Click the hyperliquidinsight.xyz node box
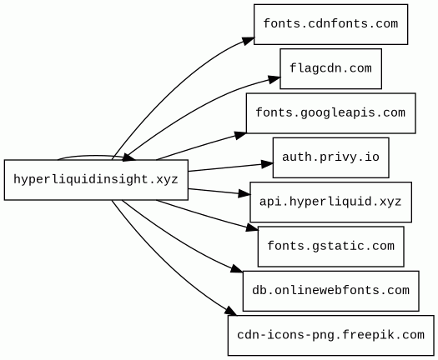pyautogui.click(x=96, y=180)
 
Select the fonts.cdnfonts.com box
pyautogui.click(x=330, y=24)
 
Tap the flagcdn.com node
pyautogui.click(x=330, y=68)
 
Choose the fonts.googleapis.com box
pyautogui.click(x=330, y=113)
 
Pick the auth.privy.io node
pyautogui.click(x=330, y=157)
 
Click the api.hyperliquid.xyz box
pyautogui.click(x=330, y=202)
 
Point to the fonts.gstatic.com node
pyautogui.click(x=330, y=247)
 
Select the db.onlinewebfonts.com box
pyautogui.click(x=330, y=291)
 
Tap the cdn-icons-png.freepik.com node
pyautogui.click(x=330, y=335)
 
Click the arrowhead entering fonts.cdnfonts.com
pyautogui.click(x=248, y=41)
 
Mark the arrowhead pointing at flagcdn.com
pyautogui.click(x=274, y=79)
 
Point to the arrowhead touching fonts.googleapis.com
pyautogui.click(x=240, y=135)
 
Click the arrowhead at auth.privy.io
pyautogui.click(x=267, y=164)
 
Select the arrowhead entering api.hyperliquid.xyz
pyautogui.click(x=244, y=193)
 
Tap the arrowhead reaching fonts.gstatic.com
pyautogui.click(x=252, y=227)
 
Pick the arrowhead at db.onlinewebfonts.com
pyautogui.click(x=237, y=269)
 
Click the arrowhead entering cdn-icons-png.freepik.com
pyautogui.click(x=231, y=311)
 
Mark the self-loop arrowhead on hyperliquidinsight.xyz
pyautogui.click(x=129, y=157)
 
